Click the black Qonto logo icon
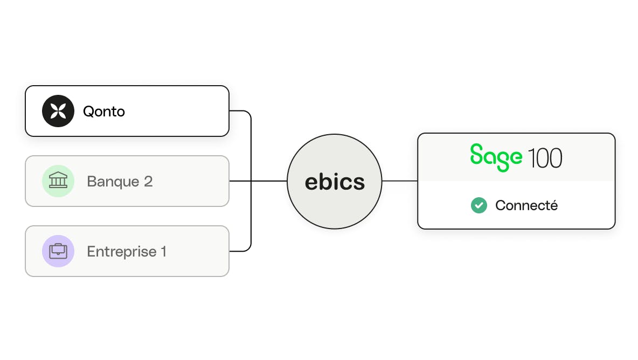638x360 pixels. (x=58, y=111)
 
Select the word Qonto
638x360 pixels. (x=104, y=112)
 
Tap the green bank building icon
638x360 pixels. (x=58, y=181)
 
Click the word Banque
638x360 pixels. (x=113, y=182)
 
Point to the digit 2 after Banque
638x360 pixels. (x=148, y=181)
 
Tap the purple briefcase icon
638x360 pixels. (x=58, y=251)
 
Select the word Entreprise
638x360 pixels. (x=122, y=252)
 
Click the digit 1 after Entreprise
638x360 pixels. (x=164, y=251)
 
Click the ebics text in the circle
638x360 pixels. (x=335, y=182)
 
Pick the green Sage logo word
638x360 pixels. (x=496, y=157)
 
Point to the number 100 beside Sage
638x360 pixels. (x=545, y=158)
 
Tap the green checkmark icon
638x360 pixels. (x=479, y=205)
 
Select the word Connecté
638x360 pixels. (x=526, y=205)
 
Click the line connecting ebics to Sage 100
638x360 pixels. (x=400, y=181)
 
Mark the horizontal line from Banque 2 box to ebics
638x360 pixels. (x=258, y=181)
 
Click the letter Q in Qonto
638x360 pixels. (x=88, y=112)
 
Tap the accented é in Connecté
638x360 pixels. (x=553, y=205)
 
